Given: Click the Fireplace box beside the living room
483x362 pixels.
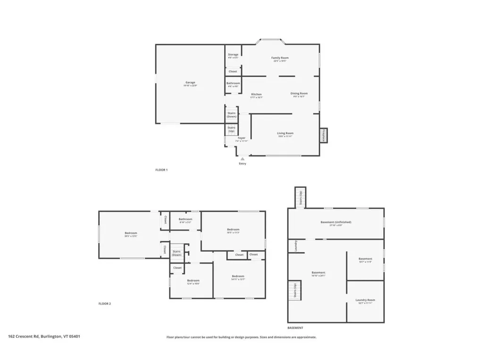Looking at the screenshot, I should (324, 135).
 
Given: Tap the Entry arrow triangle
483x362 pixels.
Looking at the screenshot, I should (242, 159).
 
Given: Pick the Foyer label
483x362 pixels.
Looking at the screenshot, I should (241, 138).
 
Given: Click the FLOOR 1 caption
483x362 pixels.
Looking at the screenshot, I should (161, 170).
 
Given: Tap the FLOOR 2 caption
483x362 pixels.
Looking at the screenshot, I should (105, 304).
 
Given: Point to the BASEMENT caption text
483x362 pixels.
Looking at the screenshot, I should (295, 328).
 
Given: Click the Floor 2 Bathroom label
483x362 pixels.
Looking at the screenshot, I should (185, 219).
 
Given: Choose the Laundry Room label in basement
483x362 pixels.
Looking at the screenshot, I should (365, 300).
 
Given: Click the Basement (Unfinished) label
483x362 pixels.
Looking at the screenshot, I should (336, 222).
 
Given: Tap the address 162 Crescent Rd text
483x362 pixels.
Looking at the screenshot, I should (44, 337).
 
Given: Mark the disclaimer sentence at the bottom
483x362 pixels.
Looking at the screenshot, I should (241, 337).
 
